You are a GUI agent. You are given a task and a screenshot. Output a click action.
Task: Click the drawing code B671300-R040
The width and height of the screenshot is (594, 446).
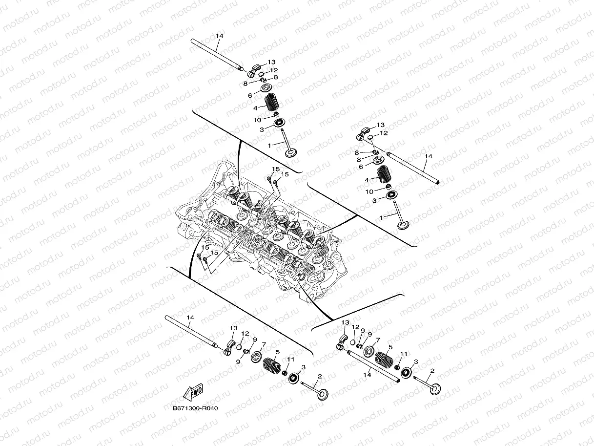[x=195, y=408]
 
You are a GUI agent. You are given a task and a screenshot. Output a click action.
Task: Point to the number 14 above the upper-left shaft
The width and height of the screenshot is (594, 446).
[x=219, y=37]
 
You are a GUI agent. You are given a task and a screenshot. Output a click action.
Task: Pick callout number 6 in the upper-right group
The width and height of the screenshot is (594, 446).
[x=361, y=167]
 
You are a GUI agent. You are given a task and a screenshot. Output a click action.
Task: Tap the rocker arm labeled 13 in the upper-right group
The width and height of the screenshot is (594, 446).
[x=367, y=133]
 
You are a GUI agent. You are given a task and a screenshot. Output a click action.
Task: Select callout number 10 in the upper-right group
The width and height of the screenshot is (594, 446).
[x=369, y=191]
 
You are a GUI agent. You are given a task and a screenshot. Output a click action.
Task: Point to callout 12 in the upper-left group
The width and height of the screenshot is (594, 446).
[x=273, y=70]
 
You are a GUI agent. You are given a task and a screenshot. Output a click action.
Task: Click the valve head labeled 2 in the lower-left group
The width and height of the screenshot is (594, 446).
[x=323, y=393]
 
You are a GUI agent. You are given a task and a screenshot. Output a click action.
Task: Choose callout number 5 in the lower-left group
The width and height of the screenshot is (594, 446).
[x=277, y=352]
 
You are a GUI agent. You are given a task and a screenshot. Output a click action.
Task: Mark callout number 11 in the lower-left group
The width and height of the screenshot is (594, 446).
[x=291, y=360]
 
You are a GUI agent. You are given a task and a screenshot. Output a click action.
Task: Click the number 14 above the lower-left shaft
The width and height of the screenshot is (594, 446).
[x=190, y=318]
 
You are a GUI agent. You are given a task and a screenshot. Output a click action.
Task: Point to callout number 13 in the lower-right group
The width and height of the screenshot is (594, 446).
[x=345, y=323]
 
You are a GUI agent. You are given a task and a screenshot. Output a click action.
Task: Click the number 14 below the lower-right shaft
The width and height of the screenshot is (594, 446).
[x=368, y=375]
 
